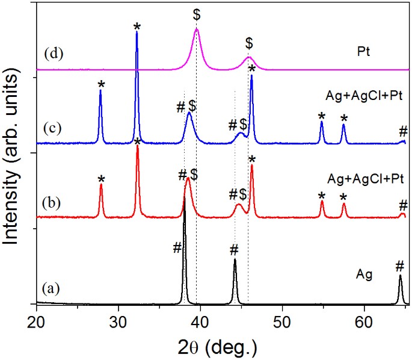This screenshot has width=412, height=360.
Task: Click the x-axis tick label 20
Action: pos(37,318)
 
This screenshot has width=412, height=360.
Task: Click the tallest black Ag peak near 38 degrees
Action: pos(185,211)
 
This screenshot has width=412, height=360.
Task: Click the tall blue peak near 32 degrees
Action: pos(137,33)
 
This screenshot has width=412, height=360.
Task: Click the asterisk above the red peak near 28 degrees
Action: pos(101,179)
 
